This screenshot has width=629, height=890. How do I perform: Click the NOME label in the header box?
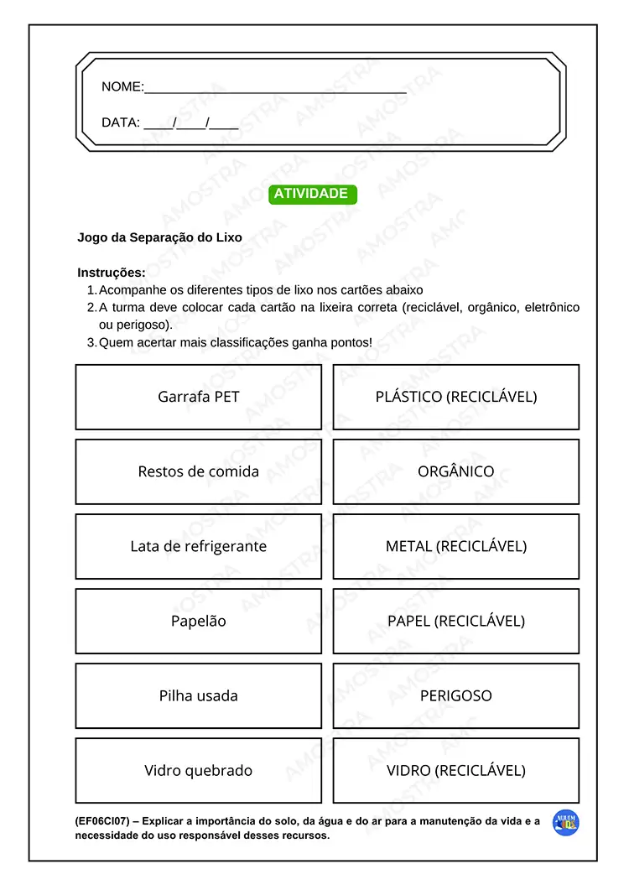click(x=122, y=87)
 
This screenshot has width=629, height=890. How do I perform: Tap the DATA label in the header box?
click(x=120, y=122)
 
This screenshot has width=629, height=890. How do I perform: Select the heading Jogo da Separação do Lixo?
click(x=159, y=237)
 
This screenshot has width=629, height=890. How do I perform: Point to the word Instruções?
click(x=111, y=273)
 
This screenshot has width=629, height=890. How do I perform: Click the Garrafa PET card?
click(x=199, y=397)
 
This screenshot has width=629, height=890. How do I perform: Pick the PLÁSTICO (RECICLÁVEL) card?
click(x=456, y=397)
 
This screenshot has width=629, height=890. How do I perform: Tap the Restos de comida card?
click(x=199, y=471)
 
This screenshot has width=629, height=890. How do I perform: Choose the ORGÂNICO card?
click(x=456, y=471)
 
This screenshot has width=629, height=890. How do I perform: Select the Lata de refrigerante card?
click(x=199, y=546)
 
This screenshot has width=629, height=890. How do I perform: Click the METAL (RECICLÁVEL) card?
click(x=456, y=546)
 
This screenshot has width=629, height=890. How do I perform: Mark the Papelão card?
click(x=199, y=622)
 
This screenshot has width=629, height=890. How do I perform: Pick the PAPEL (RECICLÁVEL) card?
click(x=456, y=622)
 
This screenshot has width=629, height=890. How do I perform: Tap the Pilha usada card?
click(x=199, y=696)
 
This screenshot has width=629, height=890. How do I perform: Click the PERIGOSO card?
click(x=456, y=696)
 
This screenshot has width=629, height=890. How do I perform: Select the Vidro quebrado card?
click(x=199, y=771)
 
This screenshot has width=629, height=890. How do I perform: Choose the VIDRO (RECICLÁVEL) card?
click(x=456, y=771)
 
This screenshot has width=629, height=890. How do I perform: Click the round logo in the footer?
click(x=566, y=823)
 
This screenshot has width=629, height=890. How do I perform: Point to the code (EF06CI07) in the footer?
click(x=101, y=822)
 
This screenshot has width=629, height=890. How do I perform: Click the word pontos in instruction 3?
click(x=351, y=343)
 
